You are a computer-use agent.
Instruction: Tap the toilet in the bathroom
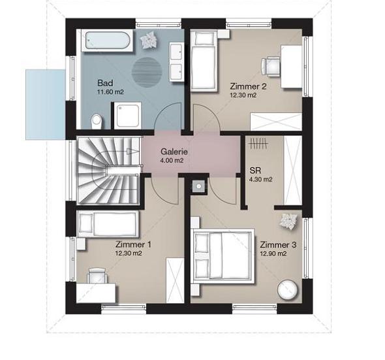(96, 122)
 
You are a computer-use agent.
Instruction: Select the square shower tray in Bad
(128, 116)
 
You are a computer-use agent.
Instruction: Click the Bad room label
(105, 83)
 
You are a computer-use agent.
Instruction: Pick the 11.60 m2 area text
(110, 92)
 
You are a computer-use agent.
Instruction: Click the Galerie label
(174, 152)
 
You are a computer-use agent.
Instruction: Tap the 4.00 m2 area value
(172, 161)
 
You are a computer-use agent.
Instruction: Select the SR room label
(255, 171)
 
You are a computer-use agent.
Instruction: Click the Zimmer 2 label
(248, 86)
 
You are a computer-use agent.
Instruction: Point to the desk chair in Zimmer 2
(270, 66)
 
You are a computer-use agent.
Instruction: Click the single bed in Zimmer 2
(204, 61)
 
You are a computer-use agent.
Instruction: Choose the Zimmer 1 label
(133, 244)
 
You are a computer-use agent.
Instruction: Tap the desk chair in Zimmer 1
(98, 276)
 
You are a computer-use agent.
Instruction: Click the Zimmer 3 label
(278, 244)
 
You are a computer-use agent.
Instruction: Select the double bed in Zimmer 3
(223, 256)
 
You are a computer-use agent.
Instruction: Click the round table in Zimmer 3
(287, 290)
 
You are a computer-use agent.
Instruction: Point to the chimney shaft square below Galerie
(198, 186)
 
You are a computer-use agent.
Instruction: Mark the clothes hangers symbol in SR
(258, 144)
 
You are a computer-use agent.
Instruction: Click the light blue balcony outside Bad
(46, 105)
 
